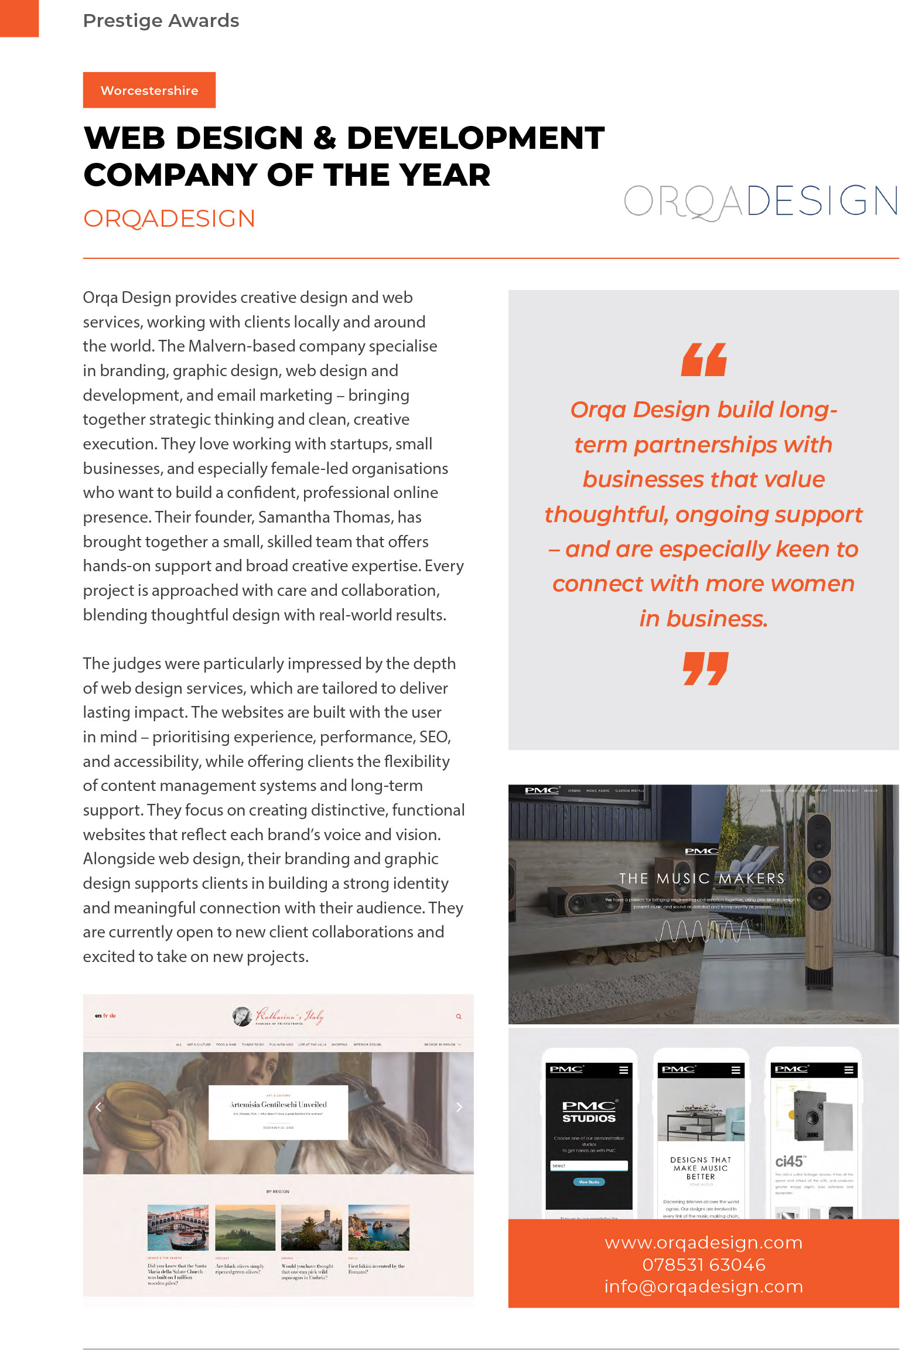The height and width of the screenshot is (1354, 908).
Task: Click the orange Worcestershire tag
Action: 149,90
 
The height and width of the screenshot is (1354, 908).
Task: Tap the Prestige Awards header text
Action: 161,21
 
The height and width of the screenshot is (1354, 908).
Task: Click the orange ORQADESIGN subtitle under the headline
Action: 169,219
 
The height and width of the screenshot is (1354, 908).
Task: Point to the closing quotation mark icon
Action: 705,669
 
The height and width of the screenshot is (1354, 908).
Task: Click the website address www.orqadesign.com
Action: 704,1242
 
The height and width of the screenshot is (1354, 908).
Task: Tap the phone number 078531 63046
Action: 704,1264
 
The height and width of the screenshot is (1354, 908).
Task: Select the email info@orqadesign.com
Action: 704,1287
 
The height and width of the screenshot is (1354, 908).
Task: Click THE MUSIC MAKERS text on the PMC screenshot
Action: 702,878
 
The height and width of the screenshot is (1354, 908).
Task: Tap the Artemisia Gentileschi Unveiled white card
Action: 278,1111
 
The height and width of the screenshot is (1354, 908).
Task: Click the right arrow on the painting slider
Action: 459,1107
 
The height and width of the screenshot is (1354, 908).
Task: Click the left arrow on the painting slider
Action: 98,1107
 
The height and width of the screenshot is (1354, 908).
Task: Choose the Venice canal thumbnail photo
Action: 177,1227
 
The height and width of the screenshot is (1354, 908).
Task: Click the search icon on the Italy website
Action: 459,1017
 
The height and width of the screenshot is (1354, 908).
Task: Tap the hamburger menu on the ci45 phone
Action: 848,1070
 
